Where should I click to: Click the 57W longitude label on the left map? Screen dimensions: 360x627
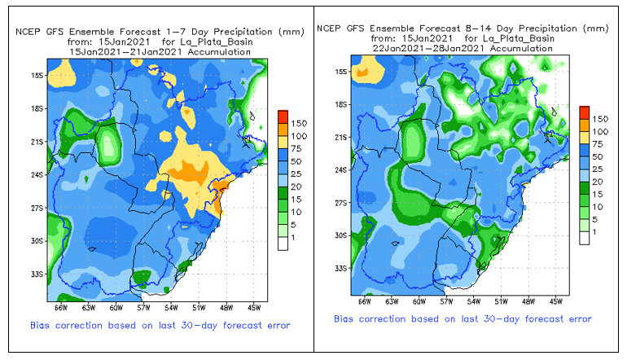[143, 308]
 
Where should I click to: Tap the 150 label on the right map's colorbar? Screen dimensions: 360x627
[599, 119]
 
